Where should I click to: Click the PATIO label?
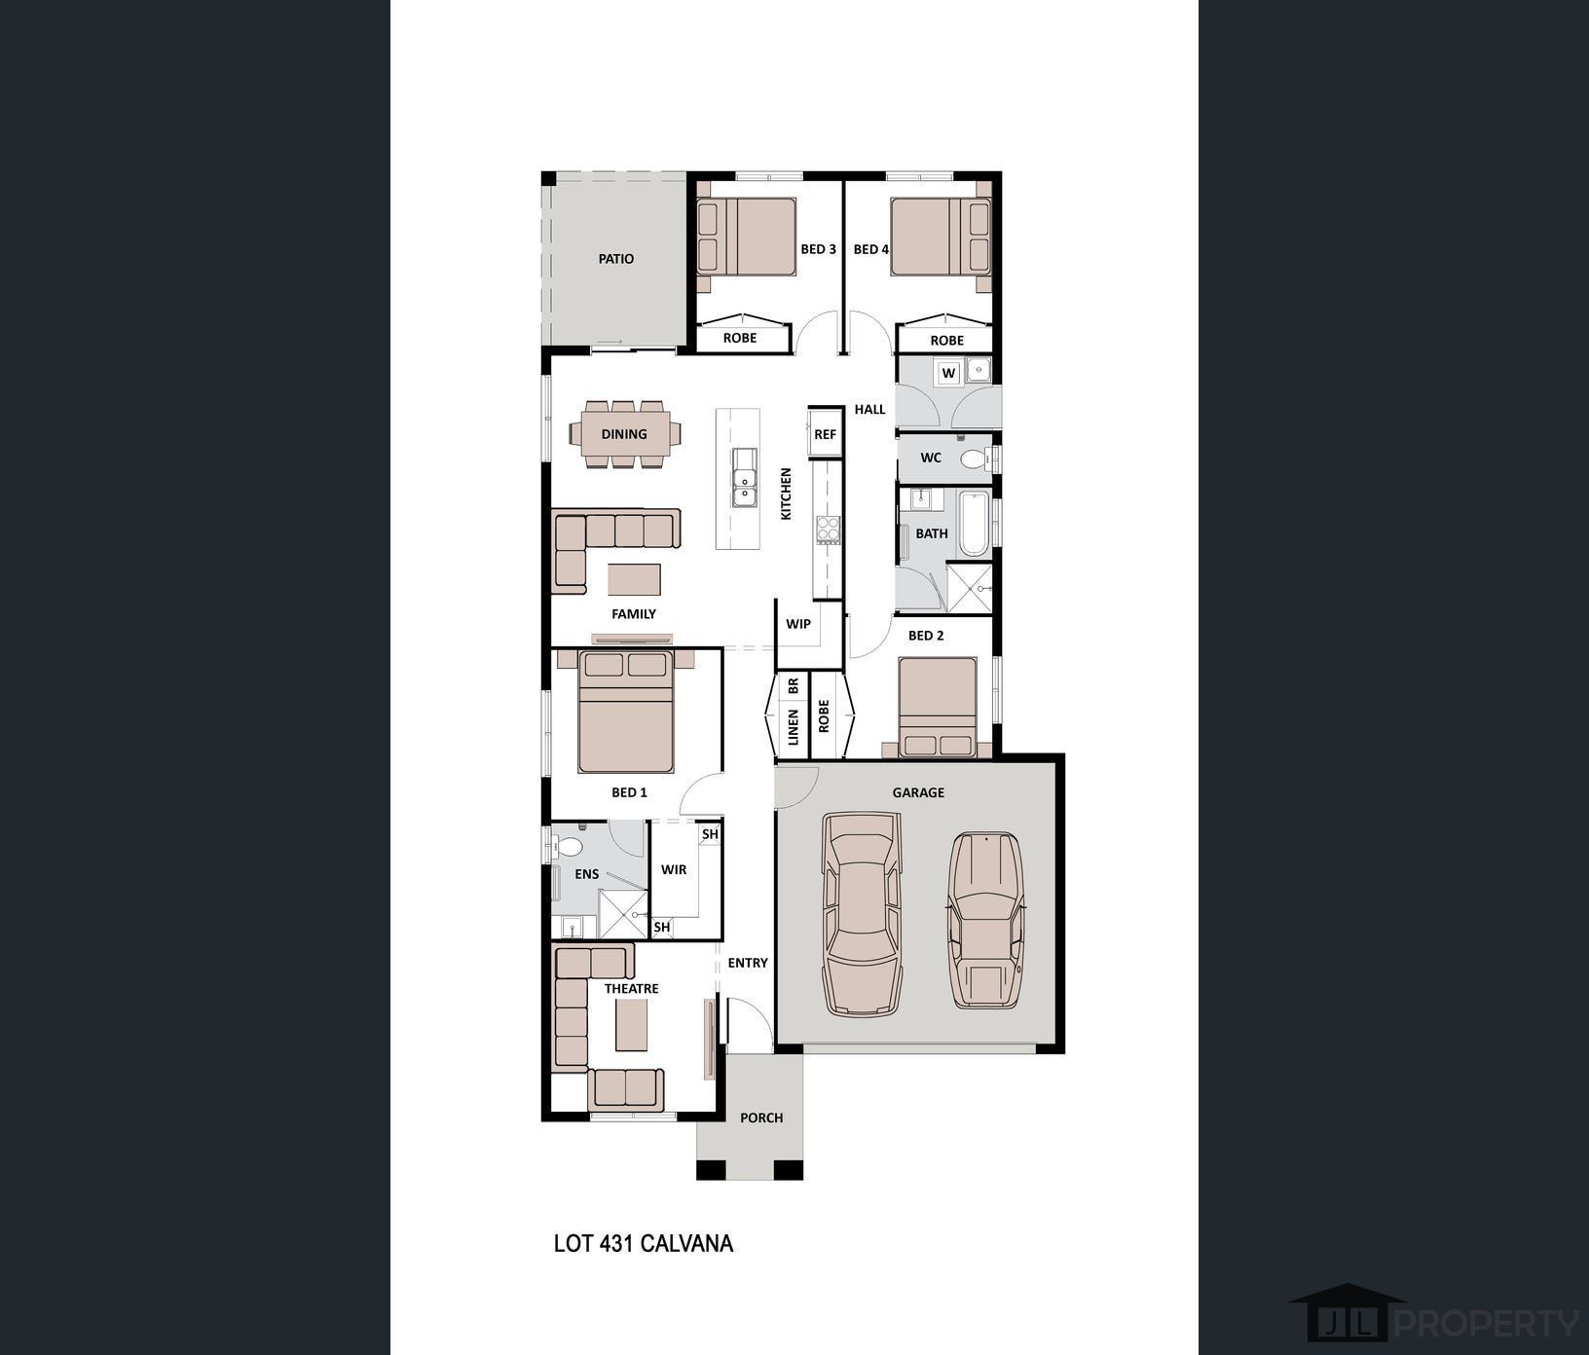pyautogui.click(x=615, y=259)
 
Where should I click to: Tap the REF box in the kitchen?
pyautogui.click(x=825, y=434)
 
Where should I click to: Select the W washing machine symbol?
pyautogui.click(x=948, y=373)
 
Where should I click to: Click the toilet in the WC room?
pyautogui.click(x=973, y=458)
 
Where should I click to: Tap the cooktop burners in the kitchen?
pyautogui.click(x=828, y=531)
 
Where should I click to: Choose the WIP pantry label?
pyautogui.click(x=798, y=624)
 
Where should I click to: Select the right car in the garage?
pyautogui.click(x=986, y=919)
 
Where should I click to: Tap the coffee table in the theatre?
pyautogui.click(x=630, y=1026)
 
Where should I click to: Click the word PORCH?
pyautogui.click(x=761, y=1117)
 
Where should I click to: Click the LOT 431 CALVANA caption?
pyautogui.click(x=643, y=1243)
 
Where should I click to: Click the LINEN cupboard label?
pyautogui.click(x=794, y=727)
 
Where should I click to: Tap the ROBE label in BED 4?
pyautogui.click(x=946, y=341)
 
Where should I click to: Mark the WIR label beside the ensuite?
pyautogui.click(x=674, y=869)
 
